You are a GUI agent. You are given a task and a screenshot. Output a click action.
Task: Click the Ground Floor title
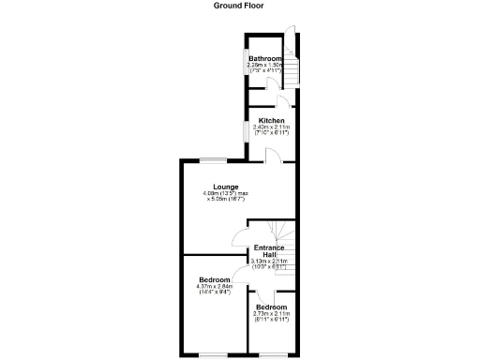(239, 6)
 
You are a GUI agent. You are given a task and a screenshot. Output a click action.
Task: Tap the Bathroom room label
(265, 59)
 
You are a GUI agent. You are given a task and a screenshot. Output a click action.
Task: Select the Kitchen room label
(272, 121)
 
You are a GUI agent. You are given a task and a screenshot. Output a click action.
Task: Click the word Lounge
(225, 187)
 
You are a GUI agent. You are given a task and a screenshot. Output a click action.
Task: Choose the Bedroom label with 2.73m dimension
(272, 307)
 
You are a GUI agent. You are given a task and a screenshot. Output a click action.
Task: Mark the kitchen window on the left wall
(247, 131)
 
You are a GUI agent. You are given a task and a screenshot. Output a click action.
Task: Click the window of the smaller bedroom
(272, 352)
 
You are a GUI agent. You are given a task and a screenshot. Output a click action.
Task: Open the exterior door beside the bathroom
(292, 40)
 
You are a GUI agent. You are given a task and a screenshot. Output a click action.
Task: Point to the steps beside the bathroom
(291, 70)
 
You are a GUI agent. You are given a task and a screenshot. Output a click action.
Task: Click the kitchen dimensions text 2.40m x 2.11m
(272, 127)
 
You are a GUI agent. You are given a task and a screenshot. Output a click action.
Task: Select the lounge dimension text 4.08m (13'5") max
(225, 194)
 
